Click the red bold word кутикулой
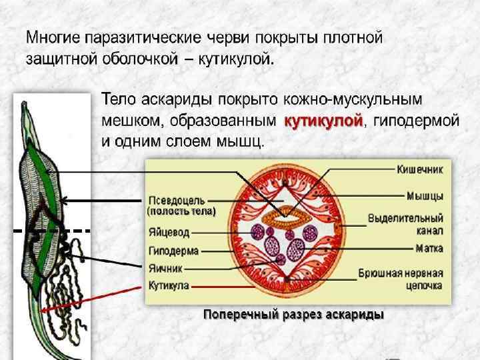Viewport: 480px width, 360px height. (324, 121)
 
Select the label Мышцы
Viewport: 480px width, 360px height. (426, 196)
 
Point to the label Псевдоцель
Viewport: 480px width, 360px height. (177, 200)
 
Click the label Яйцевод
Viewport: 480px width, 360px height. (169, 233)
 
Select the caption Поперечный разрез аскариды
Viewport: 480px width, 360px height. (293, 314)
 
